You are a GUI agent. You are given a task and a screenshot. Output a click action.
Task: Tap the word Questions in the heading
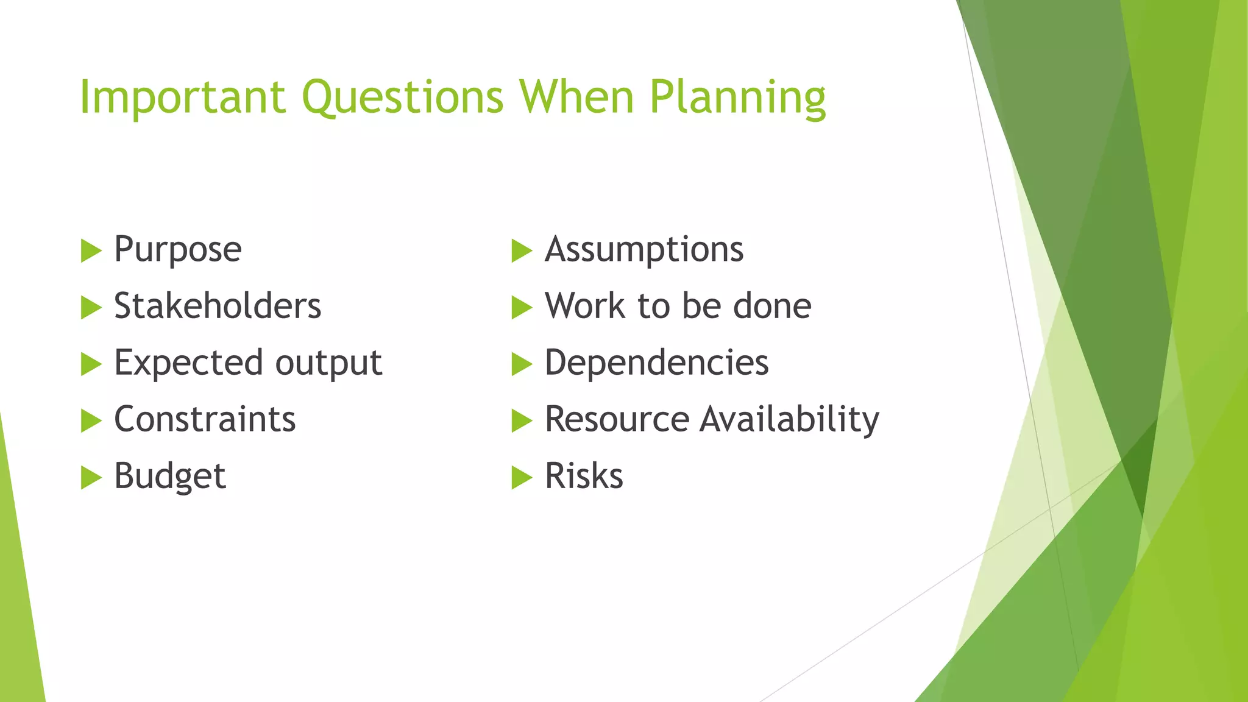tap(403, 97)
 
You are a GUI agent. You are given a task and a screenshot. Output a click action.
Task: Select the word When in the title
tap(576, 97)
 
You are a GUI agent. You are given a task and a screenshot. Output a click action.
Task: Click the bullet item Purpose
tap(178, 250)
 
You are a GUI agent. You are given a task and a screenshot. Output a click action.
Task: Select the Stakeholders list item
tap(218, 306)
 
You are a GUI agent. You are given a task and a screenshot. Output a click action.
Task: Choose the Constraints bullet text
tap(205, 419)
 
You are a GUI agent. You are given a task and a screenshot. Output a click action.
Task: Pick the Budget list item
tap(170, 477)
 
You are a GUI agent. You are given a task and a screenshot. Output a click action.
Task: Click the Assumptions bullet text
tap(644, 250)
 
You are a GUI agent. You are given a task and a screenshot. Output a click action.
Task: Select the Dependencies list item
tap(656, 363)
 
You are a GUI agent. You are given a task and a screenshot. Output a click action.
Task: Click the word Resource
tap(617, 419)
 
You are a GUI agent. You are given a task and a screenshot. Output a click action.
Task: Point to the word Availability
tap(789, 420)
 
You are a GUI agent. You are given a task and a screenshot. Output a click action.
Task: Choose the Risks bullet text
tap(584, 476)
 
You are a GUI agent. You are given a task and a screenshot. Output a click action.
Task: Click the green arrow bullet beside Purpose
tap(91, 250)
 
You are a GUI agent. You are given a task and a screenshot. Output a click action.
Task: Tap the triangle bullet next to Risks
tap(522, 477)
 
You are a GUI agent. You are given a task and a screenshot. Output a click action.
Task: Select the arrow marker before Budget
tap(91, 477)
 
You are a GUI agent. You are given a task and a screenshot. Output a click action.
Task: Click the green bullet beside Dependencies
tap(522, 364)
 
